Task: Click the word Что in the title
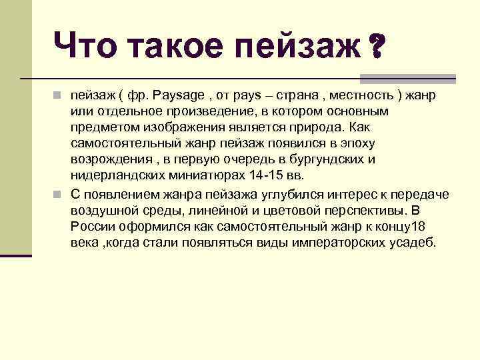[x=84, y=45]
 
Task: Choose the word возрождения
[x=109, y=159]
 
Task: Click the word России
[x=91, y=227]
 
